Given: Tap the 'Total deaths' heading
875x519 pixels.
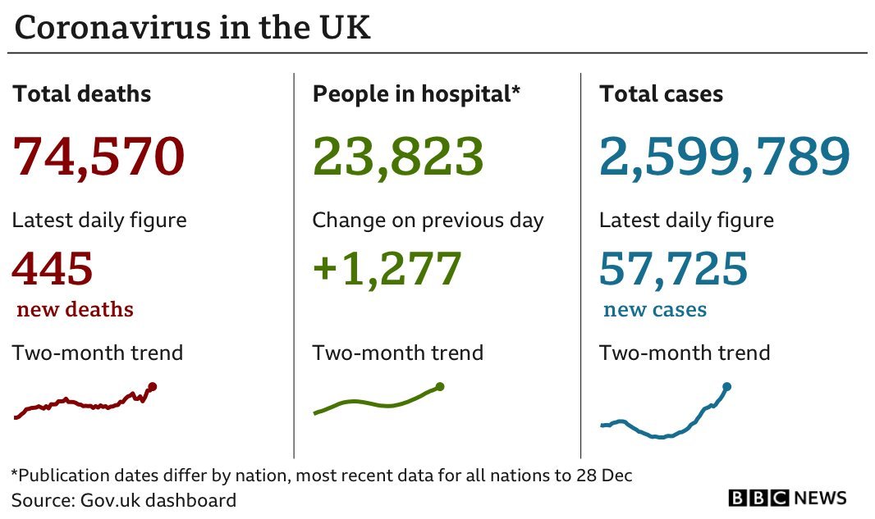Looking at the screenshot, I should click(82, 94).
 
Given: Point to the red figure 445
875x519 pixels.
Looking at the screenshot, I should click(53, 269).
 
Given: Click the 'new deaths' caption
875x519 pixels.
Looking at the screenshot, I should click(75, 310).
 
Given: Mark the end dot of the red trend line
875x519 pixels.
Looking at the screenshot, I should click(153, 386).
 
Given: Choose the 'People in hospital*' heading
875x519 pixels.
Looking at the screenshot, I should click(416, 94).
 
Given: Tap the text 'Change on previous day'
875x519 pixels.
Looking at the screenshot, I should click(428, 221).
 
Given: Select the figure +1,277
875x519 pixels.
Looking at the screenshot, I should click(387, 269).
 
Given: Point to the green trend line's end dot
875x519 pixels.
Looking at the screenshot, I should click(440, 386).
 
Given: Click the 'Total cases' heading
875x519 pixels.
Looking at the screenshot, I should click(661, 94).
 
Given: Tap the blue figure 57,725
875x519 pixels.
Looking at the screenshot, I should click(673, 269).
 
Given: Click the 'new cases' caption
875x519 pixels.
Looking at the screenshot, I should click(654, 310).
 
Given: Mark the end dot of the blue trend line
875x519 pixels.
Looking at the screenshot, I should click(726, 386).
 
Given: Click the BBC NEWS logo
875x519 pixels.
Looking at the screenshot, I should click(787, 498).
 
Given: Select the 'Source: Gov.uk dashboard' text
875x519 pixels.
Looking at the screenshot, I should click(124, 500).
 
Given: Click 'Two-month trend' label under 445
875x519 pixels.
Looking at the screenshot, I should click(98, 353).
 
